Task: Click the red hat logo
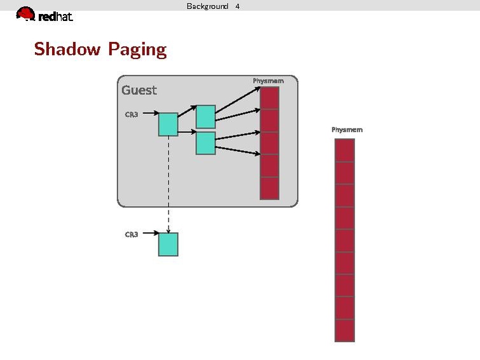point(45,15)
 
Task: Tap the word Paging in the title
point(137,50)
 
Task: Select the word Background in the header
point(207,6)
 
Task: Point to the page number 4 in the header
point(237,6)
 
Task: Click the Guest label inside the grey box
point(139,90)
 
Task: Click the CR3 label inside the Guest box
point(131,114)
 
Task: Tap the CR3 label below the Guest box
point(131,234)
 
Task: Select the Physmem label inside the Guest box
point(268,81)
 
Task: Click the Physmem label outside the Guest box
point(346,130)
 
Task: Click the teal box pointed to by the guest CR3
point(168,124)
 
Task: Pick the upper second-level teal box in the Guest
point(205,116)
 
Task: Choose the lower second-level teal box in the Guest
point(205,143)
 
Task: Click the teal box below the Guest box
point(168,244)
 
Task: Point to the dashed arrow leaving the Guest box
point(168,216)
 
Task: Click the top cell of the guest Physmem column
point(270,98)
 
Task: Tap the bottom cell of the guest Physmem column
point(270,188)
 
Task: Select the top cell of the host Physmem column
point(344,150)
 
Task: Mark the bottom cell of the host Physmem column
point(344,330)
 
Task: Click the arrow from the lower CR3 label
point(150,233)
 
